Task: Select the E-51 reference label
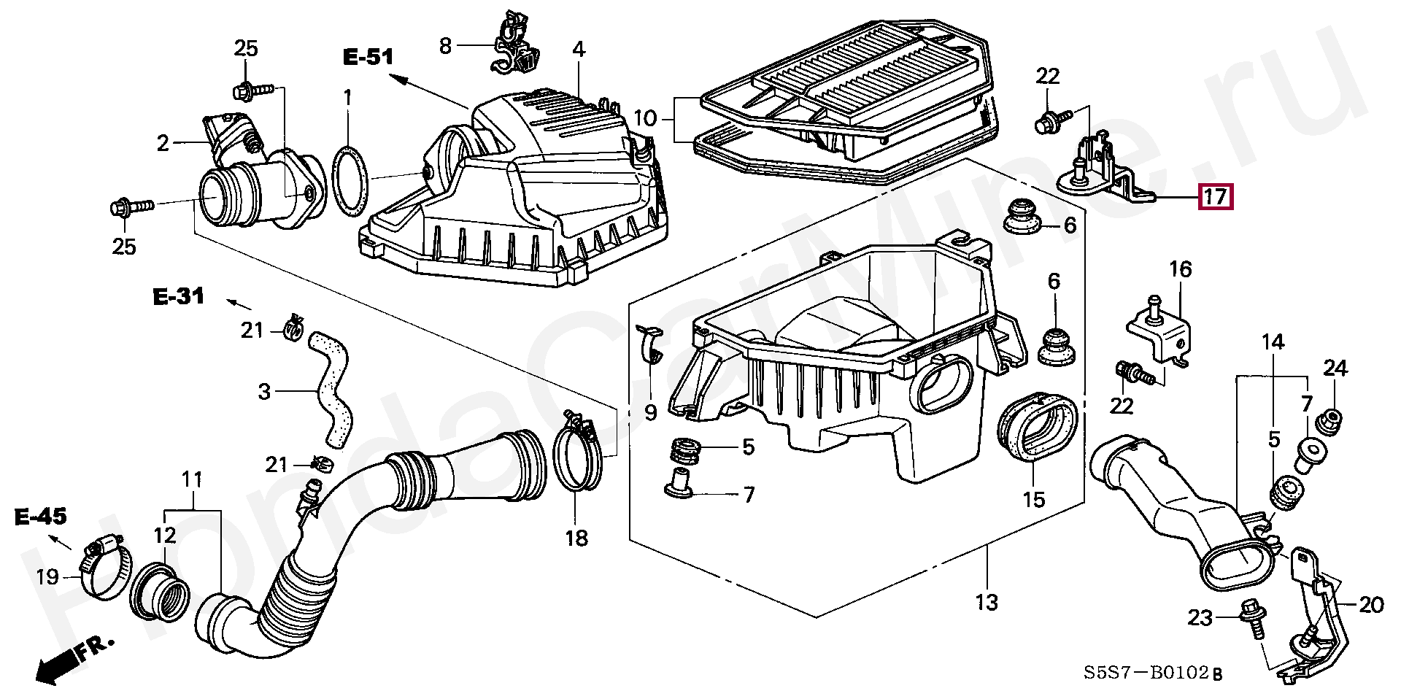[368, 57]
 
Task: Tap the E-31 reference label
[178, 296]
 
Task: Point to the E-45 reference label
[40, 518]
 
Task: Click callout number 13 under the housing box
[986, 603]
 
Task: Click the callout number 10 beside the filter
[645, 118]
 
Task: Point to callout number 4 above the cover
[578, 50]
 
